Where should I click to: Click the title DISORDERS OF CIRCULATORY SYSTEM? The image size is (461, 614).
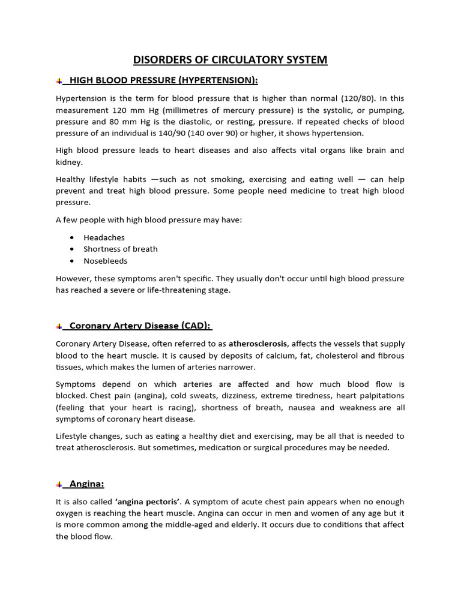[x=230, y=59]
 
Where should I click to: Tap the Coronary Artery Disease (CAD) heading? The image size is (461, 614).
[x=140, y=326]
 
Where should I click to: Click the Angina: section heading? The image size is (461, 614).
[x=87, y=483]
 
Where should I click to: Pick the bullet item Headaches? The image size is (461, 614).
[x=104, y=237]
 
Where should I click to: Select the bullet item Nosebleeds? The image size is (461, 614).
[x=106, y=261]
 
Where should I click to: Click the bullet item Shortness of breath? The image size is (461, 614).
[x=120, y=249]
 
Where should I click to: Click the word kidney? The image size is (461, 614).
[x=70, y=162]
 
